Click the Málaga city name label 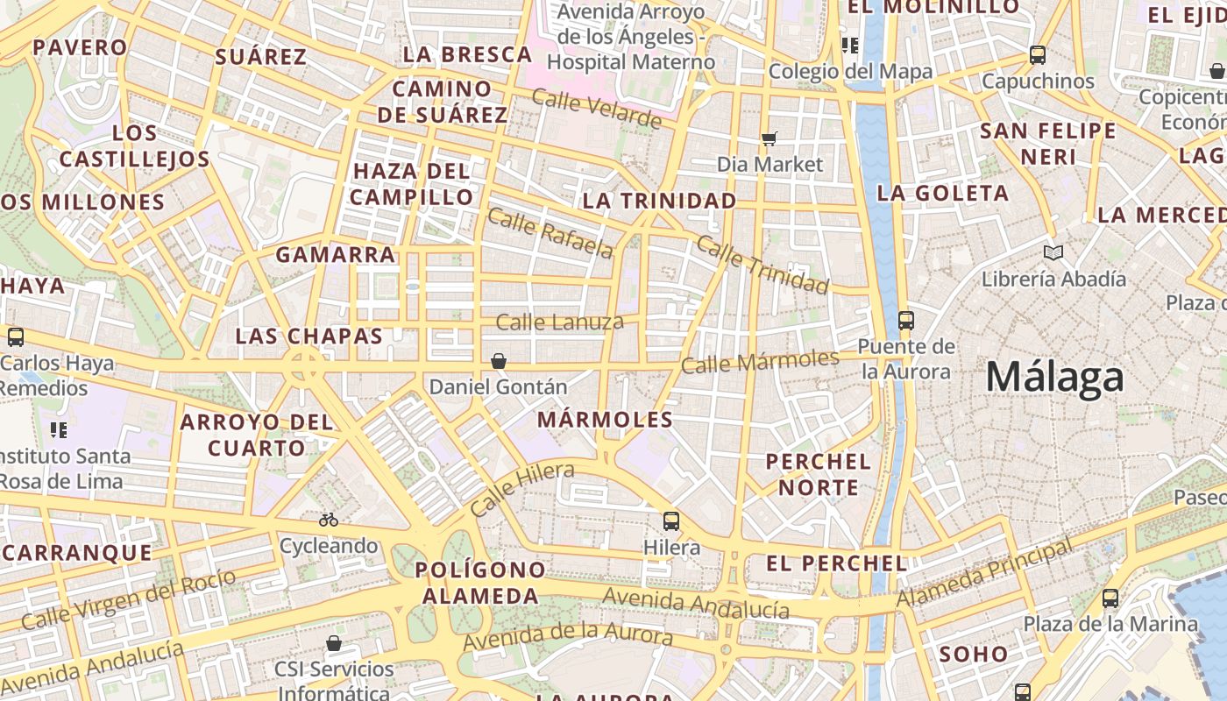pyautogui.click(x=1054, y=378)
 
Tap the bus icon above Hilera pyautogui.click(x=671, y=521)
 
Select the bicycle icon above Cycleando pyautogui.click(x=329, y=520)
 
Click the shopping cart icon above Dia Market pyautogui.click(x=770, y=138)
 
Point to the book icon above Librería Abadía pyautogui.click(x=1053, y=253)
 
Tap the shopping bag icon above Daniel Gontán pyautogui.click(x=499, y=361)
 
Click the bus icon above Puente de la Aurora pyautogui.click(x=906, y=321)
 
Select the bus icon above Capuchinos pyautogui.click(x=1038, y=55)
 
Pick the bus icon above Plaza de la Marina pyautogui.click(x=1110, y=598)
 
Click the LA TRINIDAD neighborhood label pyautogui.click(x=660, y=201)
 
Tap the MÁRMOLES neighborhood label pyautogui.click(x=606, y=420)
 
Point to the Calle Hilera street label pyautogui.click(x=521, y=489)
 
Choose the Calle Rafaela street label pyautogui.click(x=550, y=233)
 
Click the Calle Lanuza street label pyautogui.click(x=559, y=322)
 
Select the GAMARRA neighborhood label pyautogui.click(x=336, y=255)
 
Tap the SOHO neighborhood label pyautogui.click(x=973, y=654)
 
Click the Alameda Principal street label pyautogui.click(x=984, y=576)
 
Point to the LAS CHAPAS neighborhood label pyautogui.click(x=309, y=336)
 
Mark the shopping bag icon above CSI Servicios pyautogui.click(x=334, y=644)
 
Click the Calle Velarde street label pyautogui.click(x=596, y=109)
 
